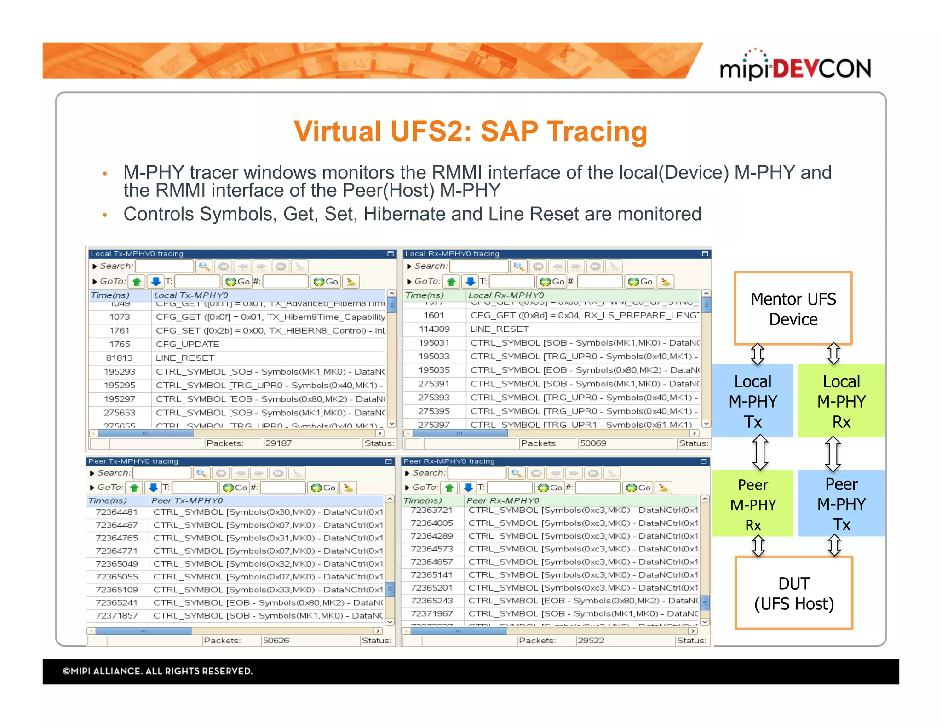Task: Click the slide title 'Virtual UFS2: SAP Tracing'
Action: coord(470,131)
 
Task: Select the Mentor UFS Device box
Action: coord(793,309)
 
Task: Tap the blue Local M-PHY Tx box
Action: coord(752,401)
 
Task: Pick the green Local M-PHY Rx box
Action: coord(841,401)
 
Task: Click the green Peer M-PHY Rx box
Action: coord(752,504)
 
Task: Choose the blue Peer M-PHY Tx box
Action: coord(841,504)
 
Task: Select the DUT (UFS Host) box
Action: coord(793,593)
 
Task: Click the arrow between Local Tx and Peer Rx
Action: coord(760,453)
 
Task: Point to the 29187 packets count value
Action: coord(278,443)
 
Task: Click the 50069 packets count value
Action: coord(593,443)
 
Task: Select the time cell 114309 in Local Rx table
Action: coord(434,329)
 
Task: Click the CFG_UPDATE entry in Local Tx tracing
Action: coord(188,344)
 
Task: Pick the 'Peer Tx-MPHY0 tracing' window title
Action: coord(133,461)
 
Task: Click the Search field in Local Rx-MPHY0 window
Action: coord(478,266)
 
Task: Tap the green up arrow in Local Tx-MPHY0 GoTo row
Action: coord(137,282)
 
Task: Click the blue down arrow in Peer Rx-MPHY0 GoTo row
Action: coord(468,488)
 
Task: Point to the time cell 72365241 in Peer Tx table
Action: coord(117,602)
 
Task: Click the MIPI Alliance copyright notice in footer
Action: coord(158,671)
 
